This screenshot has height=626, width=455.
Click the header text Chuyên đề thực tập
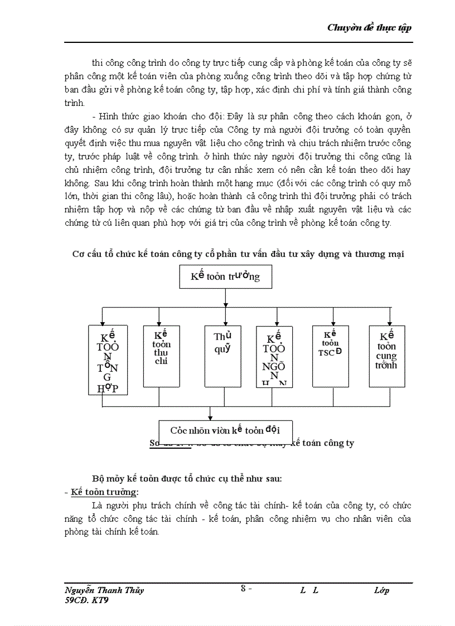pyautogui.click(x=369, y=28)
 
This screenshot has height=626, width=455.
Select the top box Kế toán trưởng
pyautogui.click(x=225, y=276)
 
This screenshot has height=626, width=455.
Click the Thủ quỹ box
pyautogui.click(x=222, y=356)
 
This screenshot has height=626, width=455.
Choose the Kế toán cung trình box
pyautogui.click(x=386, y=356)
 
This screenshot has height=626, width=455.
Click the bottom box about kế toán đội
pyautogui.click(x=225, y=430)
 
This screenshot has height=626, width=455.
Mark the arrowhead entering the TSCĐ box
pyautogui.click(x=333, y=323)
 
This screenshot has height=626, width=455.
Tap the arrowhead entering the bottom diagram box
pyautogui.click(x=210, y=418)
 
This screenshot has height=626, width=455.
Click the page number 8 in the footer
pyautogui.click(x=243, y=588)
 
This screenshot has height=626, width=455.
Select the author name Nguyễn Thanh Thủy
pyautogui.click(x=104, y=590)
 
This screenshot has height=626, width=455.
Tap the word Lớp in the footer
pyautogui.click(x=381, y=590)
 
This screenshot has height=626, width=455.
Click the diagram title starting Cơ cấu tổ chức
pyautogui.click(x=238, y=254)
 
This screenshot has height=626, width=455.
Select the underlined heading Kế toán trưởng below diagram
pyautogui.click(x=105, y=492)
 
